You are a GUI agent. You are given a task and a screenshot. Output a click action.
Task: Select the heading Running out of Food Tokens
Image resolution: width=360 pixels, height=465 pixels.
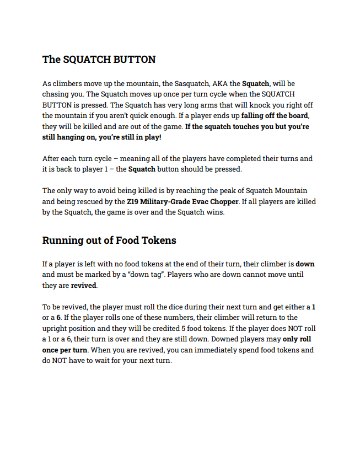tap(109, 240)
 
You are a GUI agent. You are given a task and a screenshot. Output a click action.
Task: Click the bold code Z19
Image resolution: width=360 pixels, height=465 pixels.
tap(127, 201)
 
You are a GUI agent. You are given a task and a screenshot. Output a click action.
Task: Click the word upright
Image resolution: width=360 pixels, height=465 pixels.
tap(55, 328)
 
